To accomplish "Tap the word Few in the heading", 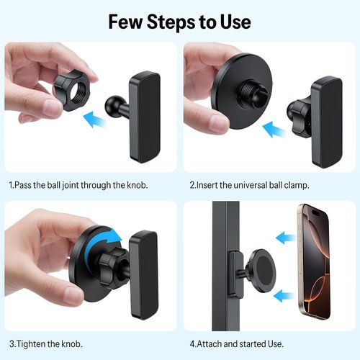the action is (x=125, y=22).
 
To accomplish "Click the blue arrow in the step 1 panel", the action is (x=94, y=119).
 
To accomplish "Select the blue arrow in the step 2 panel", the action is (x=274, y=130).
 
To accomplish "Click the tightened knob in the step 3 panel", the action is (x=112, y=267).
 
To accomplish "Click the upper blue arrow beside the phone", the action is (x=286, y=238).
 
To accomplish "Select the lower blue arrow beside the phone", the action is (x=284, y=296).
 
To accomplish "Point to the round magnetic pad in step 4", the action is (x=262, y=271).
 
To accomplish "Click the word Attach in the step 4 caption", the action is (x=209, y=344).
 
